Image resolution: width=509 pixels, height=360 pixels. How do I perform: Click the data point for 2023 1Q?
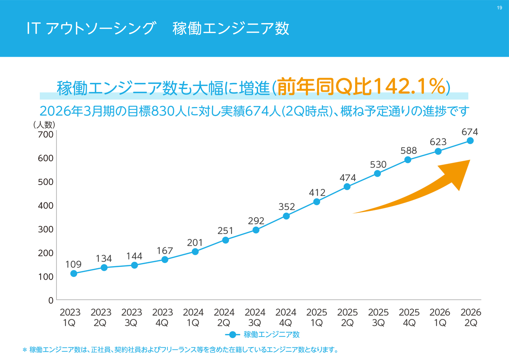(74, 273)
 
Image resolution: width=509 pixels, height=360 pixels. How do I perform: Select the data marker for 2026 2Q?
(470, 140)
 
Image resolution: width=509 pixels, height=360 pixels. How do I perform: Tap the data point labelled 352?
(286, 216)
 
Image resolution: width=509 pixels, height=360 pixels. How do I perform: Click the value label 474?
(348, 177)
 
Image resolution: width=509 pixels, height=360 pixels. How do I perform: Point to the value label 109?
(74, 264)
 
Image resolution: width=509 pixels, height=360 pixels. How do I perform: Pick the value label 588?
(408, 150)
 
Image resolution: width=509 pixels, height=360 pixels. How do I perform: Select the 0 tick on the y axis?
(51, 301)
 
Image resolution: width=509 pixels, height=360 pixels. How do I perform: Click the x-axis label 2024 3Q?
(255, 317)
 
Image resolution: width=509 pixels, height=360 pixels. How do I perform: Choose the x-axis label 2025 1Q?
(317, 317)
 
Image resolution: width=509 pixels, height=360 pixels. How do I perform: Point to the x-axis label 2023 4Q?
(163, 317)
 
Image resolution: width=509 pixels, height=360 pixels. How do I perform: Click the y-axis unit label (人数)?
(45, 125)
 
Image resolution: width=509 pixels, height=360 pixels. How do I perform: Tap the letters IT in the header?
(32, 29)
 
